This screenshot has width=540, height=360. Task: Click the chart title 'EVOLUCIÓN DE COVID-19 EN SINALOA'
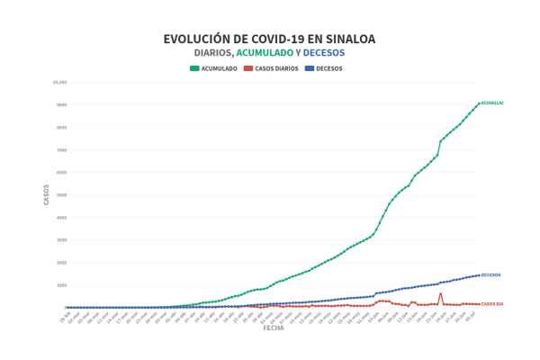pos(269,39)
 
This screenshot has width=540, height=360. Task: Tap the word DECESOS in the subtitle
pos(324,53)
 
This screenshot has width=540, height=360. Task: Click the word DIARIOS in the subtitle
pos(212,53)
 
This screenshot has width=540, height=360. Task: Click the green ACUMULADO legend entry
pos(213,68)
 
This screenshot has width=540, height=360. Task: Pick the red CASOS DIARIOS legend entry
pos(271,68)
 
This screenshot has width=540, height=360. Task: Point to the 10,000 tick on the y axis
pos(60,82)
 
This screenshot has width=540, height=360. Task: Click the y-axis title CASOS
pos(47,194)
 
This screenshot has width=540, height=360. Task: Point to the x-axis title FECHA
pos(274,328)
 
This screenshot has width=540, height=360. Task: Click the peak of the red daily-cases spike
pos(440,293)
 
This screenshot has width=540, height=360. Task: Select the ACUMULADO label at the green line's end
pos(491,103)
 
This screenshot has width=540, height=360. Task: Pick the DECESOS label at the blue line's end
pos(490,274)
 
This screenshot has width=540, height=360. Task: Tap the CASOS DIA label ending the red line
pos(491,304)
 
